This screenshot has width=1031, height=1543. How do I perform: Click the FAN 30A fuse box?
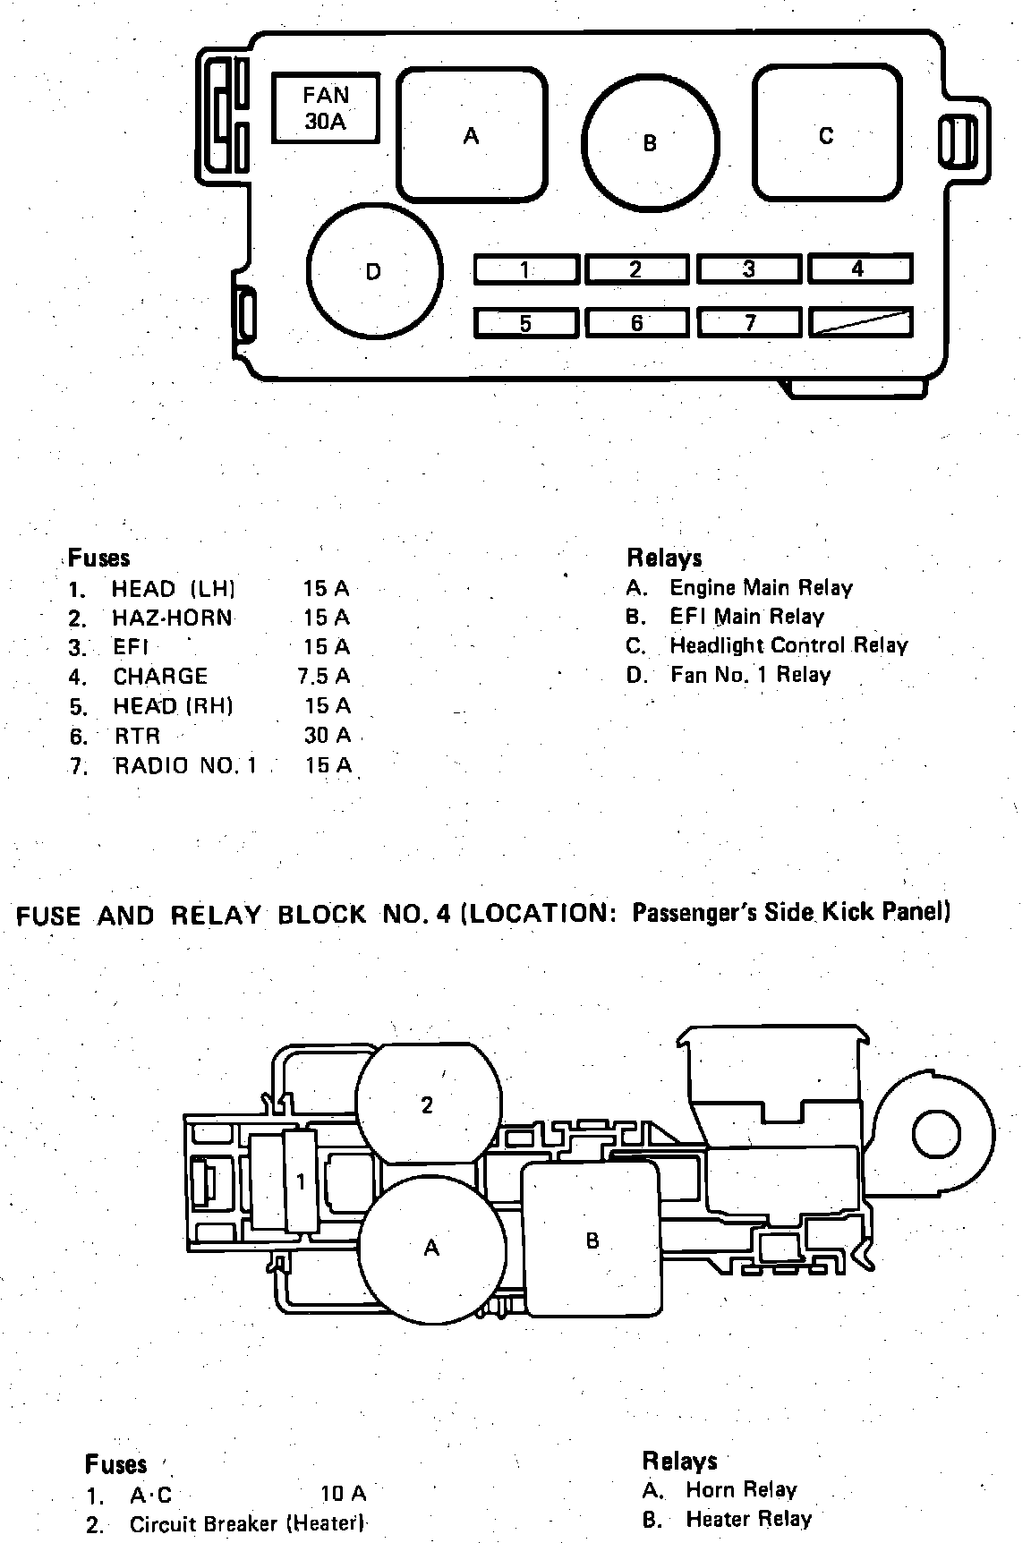pos(326,107)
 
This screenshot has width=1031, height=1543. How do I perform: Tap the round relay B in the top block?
pos(651,141)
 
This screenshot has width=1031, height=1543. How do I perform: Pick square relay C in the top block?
pos(826,134)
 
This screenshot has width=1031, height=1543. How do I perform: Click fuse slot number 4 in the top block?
pos(859,269)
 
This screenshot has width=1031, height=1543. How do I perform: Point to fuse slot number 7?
pos(748,322)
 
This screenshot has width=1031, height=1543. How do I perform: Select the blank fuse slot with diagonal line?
pos(859,322)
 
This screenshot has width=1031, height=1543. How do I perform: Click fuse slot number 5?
pos(525,322)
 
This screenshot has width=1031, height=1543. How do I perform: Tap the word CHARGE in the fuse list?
pos(160,676)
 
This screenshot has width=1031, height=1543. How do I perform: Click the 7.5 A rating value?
pos(324,676)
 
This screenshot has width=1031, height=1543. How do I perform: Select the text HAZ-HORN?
pos(172,618)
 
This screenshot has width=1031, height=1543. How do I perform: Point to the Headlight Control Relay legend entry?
pos(788,645)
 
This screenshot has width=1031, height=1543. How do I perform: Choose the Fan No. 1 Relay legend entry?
pos(750,675)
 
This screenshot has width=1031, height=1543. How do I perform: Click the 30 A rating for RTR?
pos(327,736)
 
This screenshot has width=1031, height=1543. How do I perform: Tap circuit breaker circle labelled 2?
pos(427,1104)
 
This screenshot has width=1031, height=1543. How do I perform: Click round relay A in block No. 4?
pos(431,1247)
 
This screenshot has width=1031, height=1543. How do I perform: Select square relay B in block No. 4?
pos(592,1240)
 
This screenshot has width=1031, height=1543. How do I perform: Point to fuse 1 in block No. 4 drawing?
pos(301,1181)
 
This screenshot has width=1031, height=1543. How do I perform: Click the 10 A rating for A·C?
pos(344,1494)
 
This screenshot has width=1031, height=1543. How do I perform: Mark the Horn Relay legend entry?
pos(740,1490)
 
